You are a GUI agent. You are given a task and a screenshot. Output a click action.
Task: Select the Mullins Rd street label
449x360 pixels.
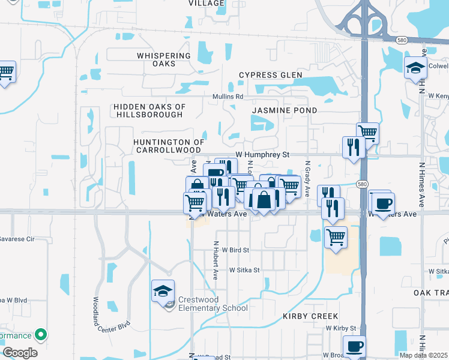pyautogui.click(x=228, y=96)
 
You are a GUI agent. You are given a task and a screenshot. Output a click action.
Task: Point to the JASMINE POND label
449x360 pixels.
pyautogui.click(x=285, y=110)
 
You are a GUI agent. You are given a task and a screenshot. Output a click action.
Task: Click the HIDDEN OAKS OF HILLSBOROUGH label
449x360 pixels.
pyautogui.click(x=149, y=110)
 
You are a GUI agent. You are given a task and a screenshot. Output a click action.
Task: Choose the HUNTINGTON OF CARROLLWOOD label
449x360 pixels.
pyautogui.click(x=169, y=146)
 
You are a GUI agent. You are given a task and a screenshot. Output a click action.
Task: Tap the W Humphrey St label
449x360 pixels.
pyautogui.click(x=262, y=154)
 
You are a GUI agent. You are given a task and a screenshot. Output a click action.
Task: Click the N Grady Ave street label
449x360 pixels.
pyautogui.click(x=307, y=178)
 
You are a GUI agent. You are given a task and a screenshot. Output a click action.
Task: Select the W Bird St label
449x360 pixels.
pyautogui.click(x=235, y=250)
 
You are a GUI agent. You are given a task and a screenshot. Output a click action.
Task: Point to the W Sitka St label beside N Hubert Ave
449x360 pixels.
pyautogui.click(x=244, y=270)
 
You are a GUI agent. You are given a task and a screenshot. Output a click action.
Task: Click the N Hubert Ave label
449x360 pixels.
pyautogui.click(x=215, y=260)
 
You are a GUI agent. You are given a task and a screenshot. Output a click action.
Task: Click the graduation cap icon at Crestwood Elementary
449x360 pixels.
pyautogui.click(x=163, y=291)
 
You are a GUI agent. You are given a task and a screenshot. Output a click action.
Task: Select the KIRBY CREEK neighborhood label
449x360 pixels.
pyautogui.click(x=312, y=316)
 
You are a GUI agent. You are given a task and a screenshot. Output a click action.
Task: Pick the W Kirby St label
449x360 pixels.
pyautogui.click(x=341, y=328)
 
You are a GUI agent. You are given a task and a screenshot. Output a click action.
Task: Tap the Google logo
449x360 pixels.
pyautogui.click(x=20, y=353)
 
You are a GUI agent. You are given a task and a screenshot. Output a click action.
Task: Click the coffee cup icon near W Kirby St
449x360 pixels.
pyautogui.click(x=354, y=346)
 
